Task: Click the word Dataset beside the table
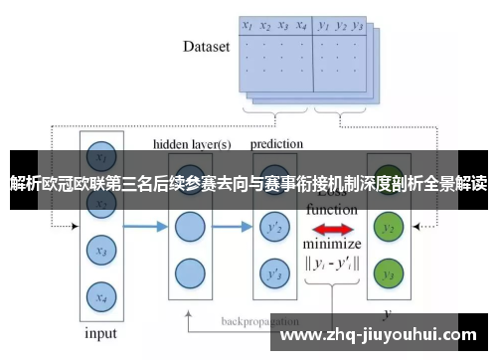(207, 46)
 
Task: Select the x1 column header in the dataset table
(248, 25)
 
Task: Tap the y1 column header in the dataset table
(323, 25)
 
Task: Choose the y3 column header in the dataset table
(358, 25)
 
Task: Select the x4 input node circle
(97, 294)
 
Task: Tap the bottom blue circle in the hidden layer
(189, 272)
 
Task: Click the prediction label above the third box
(275, 144)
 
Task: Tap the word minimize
(332, 245)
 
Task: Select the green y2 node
(389, 229)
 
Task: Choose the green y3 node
(389, 273)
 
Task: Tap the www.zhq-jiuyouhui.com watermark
(384, 332)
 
